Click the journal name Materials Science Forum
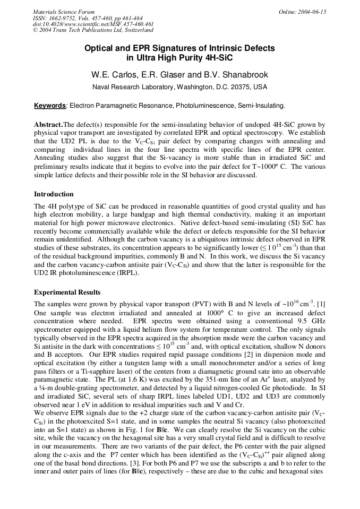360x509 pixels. coord(64,12)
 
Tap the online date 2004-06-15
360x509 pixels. coord(311,12)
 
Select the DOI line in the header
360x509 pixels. coord(93,24)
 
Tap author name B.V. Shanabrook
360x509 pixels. coord(235,75)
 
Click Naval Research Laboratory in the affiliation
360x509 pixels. coord(133,87)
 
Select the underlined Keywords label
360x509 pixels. coord(50,106)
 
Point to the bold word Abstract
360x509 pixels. coord(48,125)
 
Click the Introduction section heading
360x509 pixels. coord(54,194)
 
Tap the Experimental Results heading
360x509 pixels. coord(67,292)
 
